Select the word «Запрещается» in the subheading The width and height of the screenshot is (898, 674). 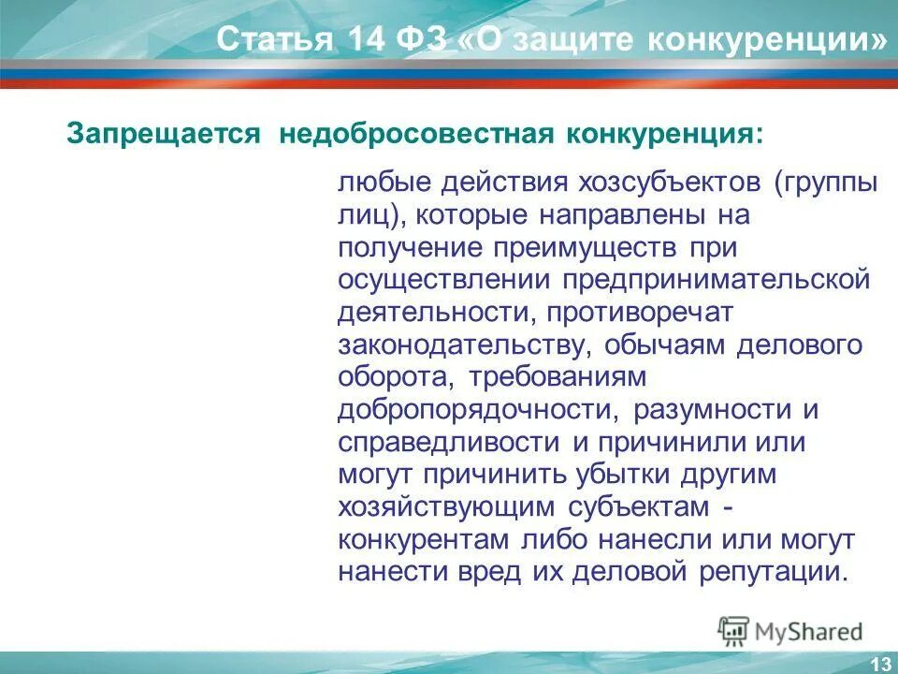coord(162,135)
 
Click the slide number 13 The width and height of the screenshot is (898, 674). coord(879,664)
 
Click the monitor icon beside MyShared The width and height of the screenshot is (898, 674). coord(733,630)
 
